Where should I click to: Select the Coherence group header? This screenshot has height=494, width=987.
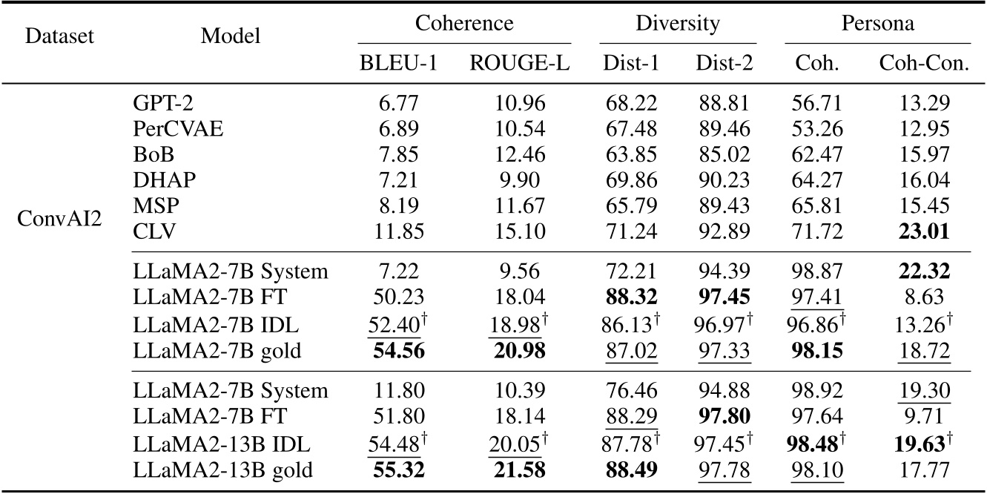click(x=463, y=23)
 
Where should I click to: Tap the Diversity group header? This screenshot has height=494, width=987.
click(x=677, y=23)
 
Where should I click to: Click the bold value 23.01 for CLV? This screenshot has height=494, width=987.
click(x=924, y=233)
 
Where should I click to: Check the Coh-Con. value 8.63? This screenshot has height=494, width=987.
click(x=924, y=297)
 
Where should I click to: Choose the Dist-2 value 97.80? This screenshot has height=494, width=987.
click(x=724, y=416)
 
